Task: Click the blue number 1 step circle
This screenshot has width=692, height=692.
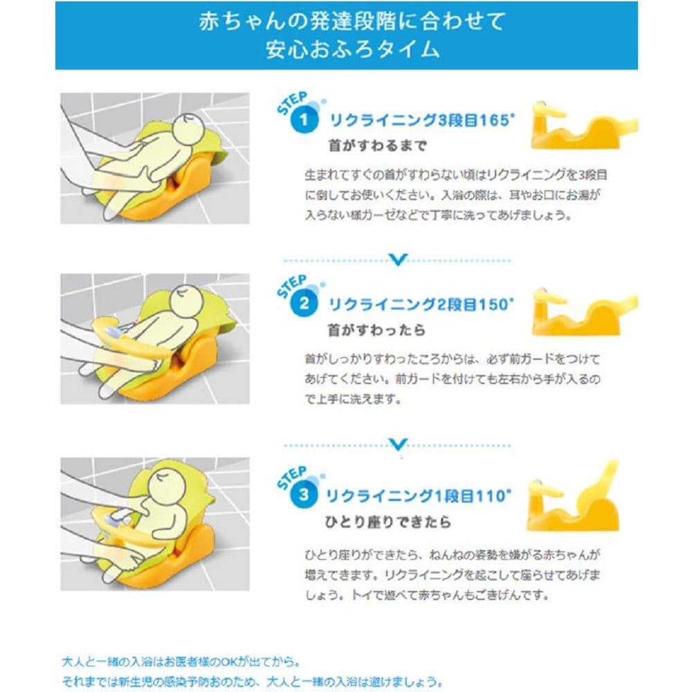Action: tap(304, 120)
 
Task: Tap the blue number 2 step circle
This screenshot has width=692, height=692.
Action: tap(304, 304)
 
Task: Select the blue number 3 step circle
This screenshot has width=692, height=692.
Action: tap(304, 495)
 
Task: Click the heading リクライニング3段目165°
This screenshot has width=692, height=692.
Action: tap(422, 120)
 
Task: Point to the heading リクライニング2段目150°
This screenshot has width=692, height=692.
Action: tap(421, 304)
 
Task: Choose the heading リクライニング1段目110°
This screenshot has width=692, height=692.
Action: tap(419, 496)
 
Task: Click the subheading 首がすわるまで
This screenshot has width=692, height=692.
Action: tap(378, 145)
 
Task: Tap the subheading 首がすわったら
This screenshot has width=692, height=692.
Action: tap(376, 329)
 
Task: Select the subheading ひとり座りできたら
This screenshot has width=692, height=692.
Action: tap(388, 522)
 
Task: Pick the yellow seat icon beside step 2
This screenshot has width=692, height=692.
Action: tap(584, 312)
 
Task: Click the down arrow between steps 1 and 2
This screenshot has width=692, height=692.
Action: tap(398, 259)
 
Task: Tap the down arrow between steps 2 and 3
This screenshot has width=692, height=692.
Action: tap(398, 444)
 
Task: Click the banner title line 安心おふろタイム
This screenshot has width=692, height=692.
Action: tap(353, 49)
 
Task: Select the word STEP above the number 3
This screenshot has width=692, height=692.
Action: tap(292, 478)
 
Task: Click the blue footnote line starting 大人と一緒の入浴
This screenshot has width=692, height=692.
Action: tap(181, 662)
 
